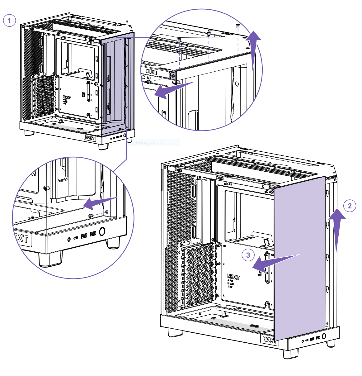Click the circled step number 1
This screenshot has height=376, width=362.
(9, 21)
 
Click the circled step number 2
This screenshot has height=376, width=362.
(350, 206)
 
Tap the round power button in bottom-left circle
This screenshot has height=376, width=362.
(102, 231)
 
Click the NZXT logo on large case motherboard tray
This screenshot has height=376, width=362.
(233, 277)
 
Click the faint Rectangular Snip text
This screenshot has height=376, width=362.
(150, 142)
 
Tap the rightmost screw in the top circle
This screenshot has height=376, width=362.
(238, 26)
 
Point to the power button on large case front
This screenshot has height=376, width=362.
(324, 336)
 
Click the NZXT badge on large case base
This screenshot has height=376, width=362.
(269, 339)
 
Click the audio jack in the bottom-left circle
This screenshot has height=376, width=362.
(69, 240)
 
